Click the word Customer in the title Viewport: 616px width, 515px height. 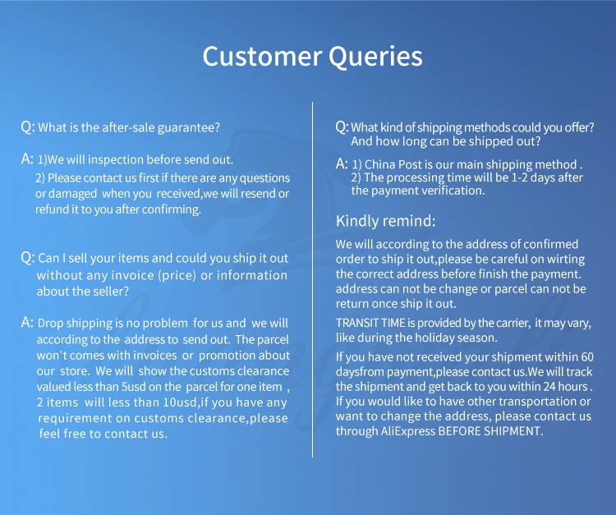(x=262, y=56)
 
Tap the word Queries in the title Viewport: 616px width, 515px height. (x=375, y=57)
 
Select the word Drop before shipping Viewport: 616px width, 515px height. (x=50, y=323)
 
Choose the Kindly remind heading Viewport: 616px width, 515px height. (x=385, y=221)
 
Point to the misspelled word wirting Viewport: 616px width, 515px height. (x=568, y=260)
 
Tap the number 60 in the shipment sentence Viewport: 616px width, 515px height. (x=587, y=357)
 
